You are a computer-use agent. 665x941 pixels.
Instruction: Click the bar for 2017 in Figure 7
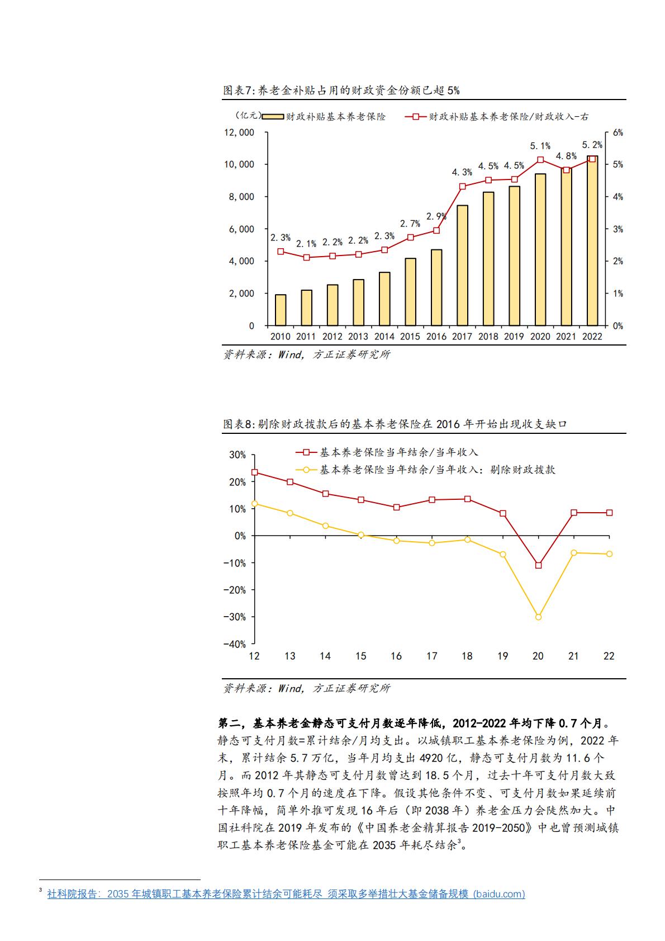pyautogui.click(x=462, y=265)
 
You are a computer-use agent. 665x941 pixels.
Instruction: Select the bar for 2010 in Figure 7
pyautogui.click(x=281, y=310)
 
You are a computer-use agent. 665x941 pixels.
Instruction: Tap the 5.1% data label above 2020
pyautogui.click(x=540, y=146)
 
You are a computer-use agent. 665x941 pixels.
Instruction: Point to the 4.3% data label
pyautogui.click(x=462, y=172)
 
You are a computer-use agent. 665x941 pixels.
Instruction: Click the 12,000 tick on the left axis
pyautogui.click(x=239, y=133)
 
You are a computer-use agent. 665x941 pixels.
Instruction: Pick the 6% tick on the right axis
pyautogui.click(x=617, y=133)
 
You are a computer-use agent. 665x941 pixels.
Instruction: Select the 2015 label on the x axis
pyautogui.click(x=410, y=337)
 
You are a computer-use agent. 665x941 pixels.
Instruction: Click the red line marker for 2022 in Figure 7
pyautogui.click(x=592, y=159)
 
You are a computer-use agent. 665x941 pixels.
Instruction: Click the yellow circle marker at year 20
pyautogui.click(x=538, y=617)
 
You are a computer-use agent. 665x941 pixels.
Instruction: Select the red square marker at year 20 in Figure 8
pyautogui.click(x=538, y=565)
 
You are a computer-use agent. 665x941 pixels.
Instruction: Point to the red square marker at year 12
pyautogui.click(x=255, y=472)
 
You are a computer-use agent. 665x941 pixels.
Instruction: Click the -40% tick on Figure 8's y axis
pyautogui.click(x=234, y=644)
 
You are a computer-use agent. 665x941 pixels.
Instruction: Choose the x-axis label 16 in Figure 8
pyautogui.click(x=396, y=656)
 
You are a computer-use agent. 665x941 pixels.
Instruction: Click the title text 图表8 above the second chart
pyautogui.click(x=239, y=424)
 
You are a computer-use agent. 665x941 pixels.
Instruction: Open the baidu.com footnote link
pyautogui.click(x=286, y=893)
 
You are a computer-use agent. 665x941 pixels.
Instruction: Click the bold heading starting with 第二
pyautogui.click(x=414, y=723)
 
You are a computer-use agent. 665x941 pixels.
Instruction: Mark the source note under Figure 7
pyautogui.click(x=306, y=354)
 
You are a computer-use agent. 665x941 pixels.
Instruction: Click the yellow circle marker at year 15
pyautogui.click(x=361, y=535)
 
